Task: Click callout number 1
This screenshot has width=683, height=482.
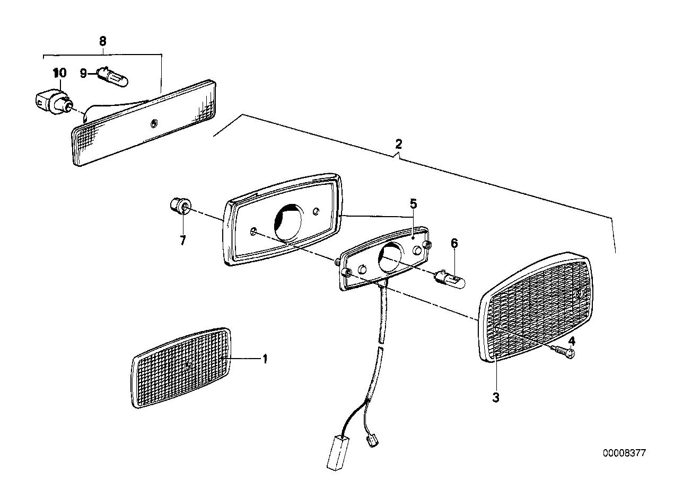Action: (x=265, y=359)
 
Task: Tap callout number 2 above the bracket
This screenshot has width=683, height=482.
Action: (x=399, y=144)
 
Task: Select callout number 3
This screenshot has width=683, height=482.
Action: (x=496, y=397)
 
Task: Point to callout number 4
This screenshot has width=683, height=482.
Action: (x=572, y=341)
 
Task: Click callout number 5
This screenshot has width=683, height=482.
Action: (x=413, y=204)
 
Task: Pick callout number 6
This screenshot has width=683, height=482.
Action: (x=454, y=243)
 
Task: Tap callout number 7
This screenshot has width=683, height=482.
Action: (x=182, y=241)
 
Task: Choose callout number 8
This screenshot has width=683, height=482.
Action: (x=103, y=41)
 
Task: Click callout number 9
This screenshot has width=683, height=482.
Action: (x=83, y=74)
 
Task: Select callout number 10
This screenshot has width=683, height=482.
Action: (x=60, y=73)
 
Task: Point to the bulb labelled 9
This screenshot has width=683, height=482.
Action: (x=112, y=76)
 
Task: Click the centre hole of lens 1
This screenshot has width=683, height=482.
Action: (x=188, y=365)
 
